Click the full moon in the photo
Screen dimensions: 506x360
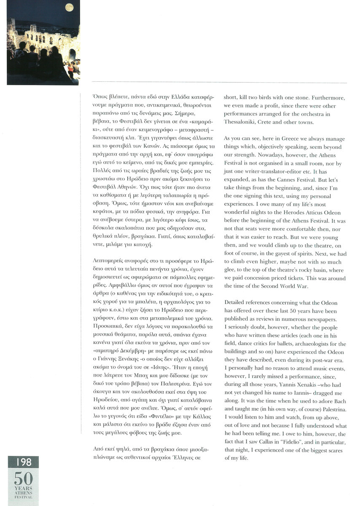(x=68, y=7)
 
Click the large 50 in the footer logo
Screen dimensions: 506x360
(x=22, y=478)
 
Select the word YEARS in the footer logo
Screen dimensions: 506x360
(x=22, y=489)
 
